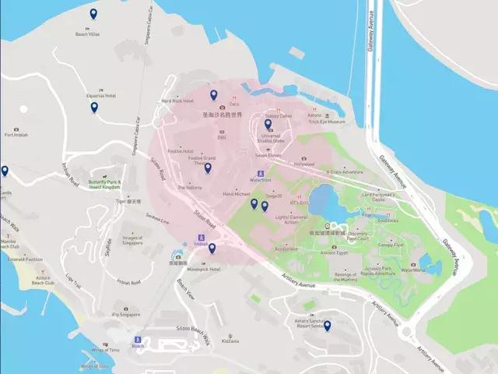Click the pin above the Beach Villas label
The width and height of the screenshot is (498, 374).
point(93,14)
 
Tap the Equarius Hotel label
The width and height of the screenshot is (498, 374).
point(100,96)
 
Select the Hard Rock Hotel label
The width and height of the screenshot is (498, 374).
point(177,101)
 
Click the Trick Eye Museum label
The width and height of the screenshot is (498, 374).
point(326,122)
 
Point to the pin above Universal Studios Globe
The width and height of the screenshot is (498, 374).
point(268,124)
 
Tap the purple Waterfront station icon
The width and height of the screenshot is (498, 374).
point(260,174)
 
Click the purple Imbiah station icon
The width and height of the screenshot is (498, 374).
point(201,238)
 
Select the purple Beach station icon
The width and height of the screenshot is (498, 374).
point(138,340)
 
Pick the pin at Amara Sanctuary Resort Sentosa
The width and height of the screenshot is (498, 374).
point(327,326)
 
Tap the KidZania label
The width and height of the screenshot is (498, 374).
point(230,341)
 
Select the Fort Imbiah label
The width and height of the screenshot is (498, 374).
point(16,135)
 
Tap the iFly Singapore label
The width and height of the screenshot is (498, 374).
point(126,315)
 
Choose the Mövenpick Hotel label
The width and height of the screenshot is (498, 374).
point(204,270)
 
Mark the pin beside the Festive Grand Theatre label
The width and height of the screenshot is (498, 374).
point(208,168)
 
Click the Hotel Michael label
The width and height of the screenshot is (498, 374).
point(236,193)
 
